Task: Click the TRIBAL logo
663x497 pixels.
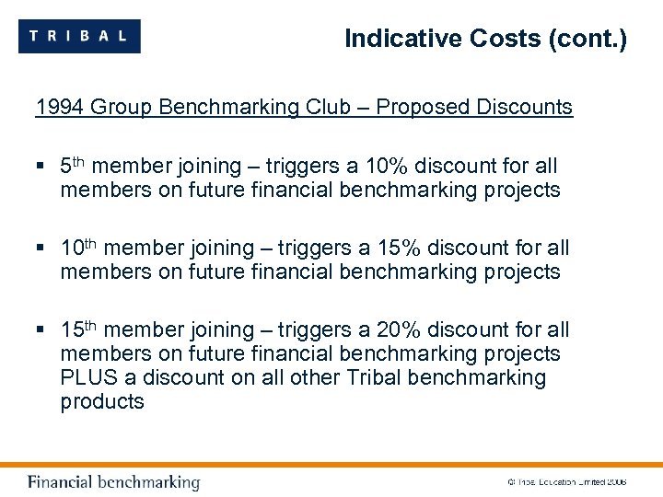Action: tap(79, 36)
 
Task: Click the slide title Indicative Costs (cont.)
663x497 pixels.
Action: tap(484, 39)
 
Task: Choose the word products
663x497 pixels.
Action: tap(102, 401)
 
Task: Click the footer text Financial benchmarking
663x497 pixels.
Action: tap(113, 481)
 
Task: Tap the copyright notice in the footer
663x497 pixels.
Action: tap(566, 481)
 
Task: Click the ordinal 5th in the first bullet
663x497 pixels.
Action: tap(73, 166)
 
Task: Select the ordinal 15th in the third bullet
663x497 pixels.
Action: tap(78, 329)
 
